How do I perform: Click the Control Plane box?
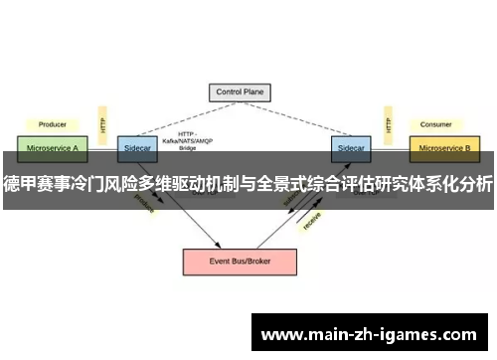coord(240,92)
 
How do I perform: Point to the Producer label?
coord(53,125)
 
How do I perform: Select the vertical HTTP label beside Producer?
coord(102,123)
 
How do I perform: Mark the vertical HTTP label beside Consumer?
coord(388,123)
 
